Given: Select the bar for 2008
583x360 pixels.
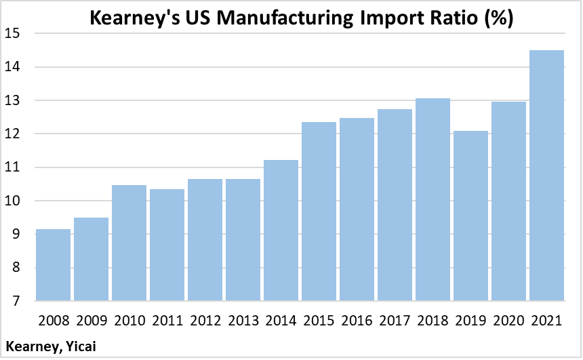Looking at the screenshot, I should point(53,265).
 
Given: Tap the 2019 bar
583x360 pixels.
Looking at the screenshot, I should point(470,216).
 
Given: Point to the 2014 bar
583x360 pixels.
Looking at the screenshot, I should point(281,231).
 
